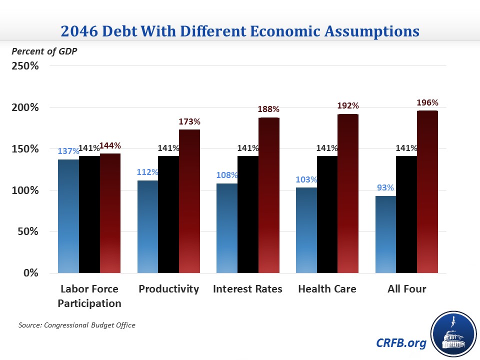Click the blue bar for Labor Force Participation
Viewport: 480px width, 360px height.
click(68, 216)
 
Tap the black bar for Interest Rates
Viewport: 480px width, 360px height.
click(248, 214)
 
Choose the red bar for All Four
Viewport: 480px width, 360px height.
click(427, 191)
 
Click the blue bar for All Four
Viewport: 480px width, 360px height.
click(385, 234)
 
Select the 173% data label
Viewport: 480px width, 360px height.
click(189, 121)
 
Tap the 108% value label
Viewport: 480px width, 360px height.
click(227, 175)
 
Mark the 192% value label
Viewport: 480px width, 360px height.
click(348, 106)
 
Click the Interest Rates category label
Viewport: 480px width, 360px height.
click(247, 289)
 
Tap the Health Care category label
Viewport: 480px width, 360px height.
click(327, 289)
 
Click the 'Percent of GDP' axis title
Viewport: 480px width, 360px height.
click(44, 51)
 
